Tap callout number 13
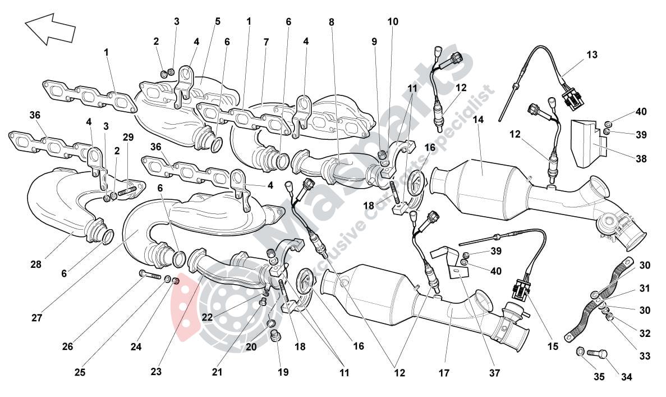592,55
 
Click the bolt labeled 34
596,354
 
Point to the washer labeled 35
580,352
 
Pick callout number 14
477,119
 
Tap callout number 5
217,22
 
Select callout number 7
265,42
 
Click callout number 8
331,22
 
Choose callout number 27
37,318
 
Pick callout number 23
156,371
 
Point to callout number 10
393,22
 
